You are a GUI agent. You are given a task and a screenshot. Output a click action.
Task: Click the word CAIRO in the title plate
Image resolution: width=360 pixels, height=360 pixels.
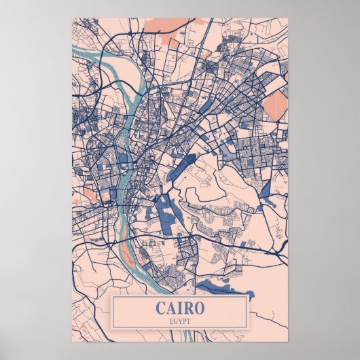[180, 308]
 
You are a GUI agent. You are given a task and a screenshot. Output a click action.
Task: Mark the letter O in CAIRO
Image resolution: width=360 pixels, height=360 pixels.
[198, 308]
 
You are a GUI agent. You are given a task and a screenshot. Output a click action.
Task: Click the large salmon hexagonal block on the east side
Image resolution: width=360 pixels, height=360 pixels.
[276, 106]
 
